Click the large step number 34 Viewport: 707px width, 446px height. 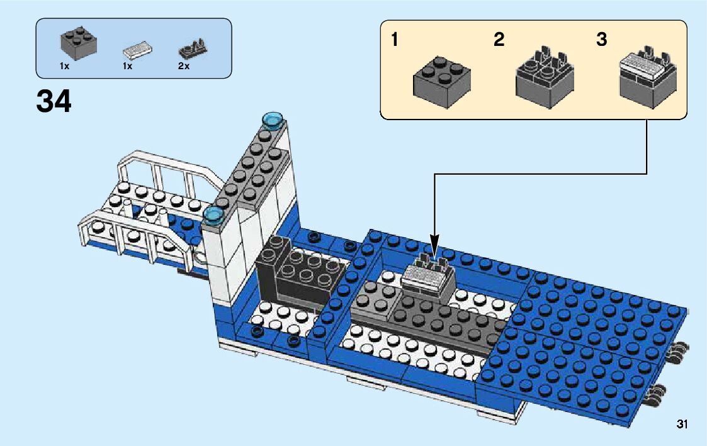(54, 101)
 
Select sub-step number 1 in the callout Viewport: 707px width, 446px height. (394, 40)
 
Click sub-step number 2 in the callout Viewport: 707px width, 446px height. (499, 40)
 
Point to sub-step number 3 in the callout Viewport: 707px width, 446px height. (602, 40)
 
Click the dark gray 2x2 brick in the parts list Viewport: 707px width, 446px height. (77, 42)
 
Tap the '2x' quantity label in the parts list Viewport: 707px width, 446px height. (183, 66)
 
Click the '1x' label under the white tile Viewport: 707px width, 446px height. (127, 66)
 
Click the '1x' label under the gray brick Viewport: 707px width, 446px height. (65, 66)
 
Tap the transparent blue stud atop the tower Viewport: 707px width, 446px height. (273, 120)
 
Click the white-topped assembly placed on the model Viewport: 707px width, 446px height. (429, 277)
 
